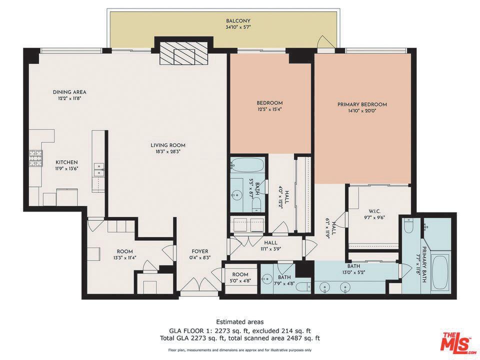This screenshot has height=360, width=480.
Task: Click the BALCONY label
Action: click(x=238, y=21)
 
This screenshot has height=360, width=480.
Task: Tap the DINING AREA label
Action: click(x=69, y=92)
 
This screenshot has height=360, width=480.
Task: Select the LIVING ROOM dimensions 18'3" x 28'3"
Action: click(x=168, y=151)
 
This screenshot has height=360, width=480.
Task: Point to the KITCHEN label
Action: click(x=66, y=162)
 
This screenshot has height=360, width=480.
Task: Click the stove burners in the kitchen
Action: click(x=36, y=158)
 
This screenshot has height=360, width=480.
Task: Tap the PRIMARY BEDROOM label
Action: click(x=362, y=104)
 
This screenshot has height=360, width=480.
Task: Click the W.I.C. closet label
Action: click(x=374, y=211)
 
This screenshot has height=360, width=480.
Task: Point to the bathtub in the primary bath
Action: click(x=440, y=273)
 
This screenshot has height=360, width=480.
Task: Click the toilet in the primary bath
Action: click(x=407, y=225)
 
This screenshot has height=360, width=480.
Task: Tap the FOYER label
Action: click(x=200, y=251)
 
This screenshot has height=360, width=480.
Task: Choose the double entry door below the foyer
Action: click(x=199, y=284)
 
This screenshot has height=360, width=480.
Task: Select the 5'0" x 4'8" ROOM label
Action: click(x=240, y=274)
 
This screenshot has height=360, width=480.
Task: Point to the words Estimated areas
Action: click(x=240, y=322)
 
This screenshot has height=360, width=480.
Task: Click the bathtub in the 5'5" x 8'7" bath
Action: click(x=247, y=164)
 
